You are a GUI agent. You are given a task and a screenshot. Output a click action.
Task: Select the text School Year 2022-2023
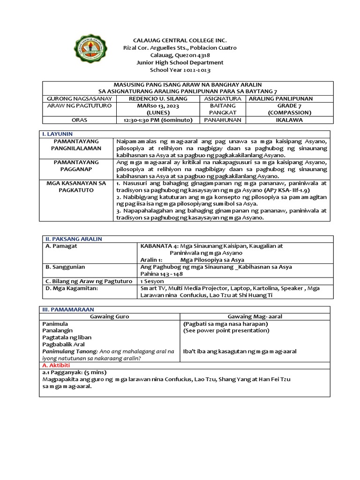(180, 70)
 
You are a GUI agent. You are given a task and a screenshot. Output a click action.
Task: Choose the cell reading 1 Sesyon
(152, 281)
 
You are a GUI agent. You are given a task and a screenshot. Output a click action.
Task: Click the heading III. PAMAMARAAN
(68, 309)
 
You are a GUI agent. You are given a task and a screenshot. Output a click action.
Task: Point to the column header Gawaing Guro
(109, 316)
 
